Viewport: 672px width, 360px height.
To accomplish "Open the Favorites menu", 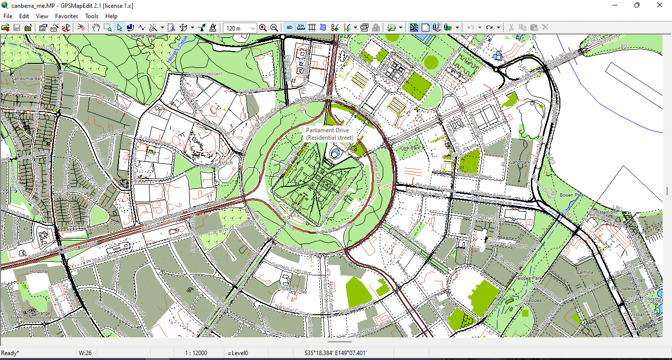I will click(66, 16).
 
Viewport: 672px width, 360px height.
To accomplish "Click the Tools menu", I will click(92, 16).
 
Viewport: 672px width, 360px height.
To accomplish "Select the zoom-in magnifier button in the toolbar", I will click(263, 28).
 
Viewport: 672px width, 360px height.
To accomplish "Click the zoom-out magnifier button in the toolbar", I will click(274, 28).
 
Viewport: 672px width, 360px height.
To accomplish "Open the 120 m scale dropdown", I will click(253, 28).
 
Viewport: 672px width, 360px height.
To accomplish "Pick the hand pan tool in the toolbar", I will click(96, 28).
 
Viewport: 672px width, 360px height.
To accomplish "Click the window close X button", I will click(660, 5).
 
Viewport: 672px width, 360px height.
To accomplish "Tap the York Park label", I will click(410, 148).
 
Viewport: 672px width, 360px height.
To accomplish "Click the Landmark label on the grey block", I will click(520, 162).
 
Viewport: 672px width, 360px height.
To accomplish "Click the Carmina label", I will click(584, 272).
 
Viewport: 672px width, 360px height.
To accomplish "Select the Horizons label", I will click(38, 271).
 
